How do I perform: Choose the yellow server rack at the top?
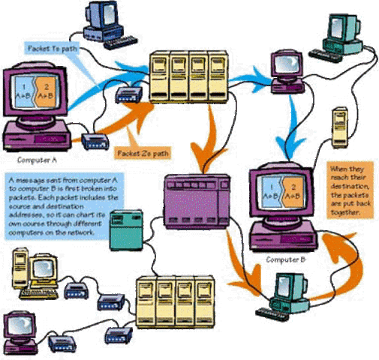point(188,74)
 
